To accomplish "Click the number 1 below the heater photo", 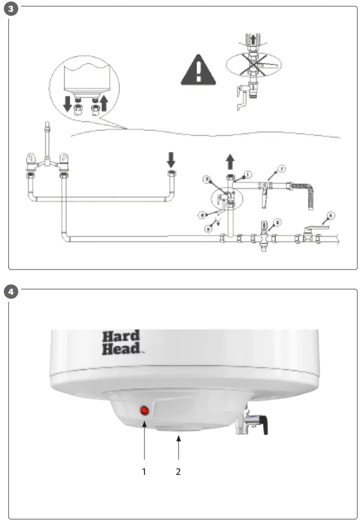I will pyautogui.click(x=144, y=471).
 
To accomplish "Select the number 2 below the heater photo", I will pyautogui.click(x=178, y=471).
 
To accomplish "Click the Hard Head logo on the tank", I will pyautogui.click(x=121, y=342).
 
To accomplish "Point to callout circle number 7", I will pyautogui.click(x=281, y=169).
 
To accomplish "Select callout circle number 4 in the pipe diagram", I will pyautogui.click(x=331, y=214).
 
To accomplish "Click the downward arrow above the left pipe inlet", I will pyautogui.click(x=171, y=160).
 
